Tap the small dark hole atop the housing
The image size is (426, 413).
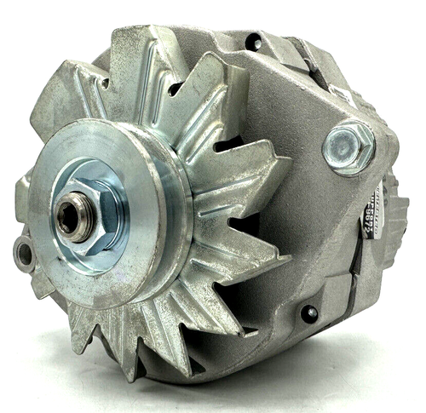point(253,40)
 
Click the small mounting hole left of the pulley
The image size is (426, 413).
point(22,252)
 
